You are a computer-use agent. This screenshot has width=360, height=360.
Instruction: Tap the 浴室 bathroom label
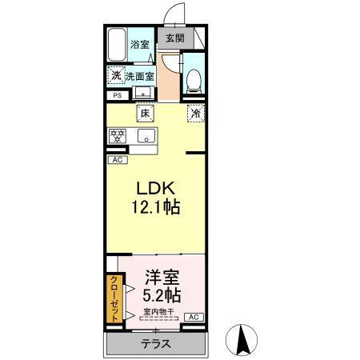click(141, 45)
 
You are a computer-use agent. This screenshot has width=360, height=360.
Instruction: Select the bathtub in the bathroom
click(116, 45)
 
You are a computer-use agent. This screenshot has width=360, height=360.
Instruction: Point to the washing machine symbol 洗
click(117, 77)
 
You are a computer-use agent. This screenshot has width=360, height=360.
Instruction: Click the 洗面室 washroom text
click(140, 77)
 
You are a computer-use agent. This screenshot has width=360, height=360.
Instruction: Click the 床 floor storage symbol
click(145, 114)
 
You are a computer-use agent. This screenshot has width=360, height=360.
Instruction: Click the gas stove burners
click(117, 135)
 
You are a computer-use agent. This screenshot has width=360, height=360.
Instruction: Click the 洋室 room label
click(161, 277)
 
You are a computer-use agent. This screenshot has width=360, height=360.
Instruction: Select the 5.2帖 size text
click(161, 294)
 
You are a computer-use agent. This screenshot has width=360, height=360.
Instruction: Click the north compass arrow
click(240, 340)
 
